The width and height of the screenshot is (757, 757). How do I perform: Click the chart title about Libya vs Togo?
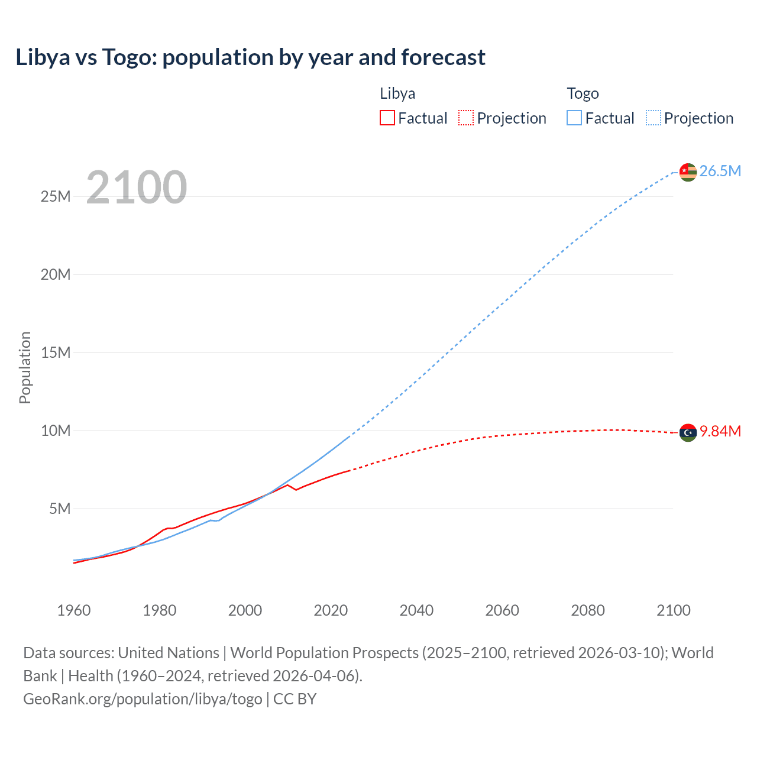click(250, 57)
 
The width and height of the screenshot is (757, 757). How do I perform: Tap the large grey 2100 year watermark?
click(137, 187)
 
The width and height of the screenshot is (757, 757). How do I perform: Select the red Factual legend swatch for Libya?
click(387, 118)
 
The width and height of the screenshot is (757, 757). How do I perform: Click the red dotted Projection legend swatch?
click(466, 118)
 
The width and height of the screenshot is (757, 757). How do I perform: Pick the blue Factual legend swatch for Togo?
click(574, 118)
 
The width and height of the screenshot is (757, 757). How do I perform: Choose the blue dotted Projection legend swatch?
click(653, 118)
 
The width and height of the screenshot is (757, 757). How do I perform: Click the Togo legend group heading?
click(583, 93)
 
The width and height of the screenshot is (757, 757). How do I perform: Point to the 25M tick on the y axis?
click(56, 196)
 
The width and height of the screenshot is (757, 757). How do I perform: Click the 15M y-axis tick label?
click(56, 352)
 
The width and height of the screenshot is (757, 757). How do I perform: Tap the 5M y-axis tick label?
click(60, 509)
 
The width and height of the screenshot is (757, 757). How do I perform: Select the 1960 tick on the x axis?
click(74, 610)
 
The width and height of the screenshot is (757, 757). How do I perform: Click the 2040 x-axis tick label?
click(416, 610)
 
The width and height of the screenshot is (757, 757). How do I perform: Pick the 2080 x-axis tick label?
click(588, 610)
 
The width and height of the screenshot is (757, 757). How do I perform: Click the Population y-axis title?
click(25, 367)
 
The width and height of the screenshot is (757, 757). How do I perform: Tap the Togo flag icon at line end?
click(688, 172)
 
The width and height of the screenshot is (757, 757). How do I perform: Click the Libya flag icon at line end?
click(688, 433)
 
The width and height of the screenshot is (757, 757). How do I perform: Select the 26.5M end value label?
click(720, 171)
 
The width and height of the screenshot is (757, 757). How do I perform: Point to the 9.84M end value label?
click(720, 431)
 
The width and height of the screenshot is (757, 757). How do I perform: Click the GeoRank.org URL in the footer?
click(143, 698)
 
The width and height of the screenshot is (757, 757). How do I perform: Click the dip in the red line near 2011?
click(296, 490)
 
